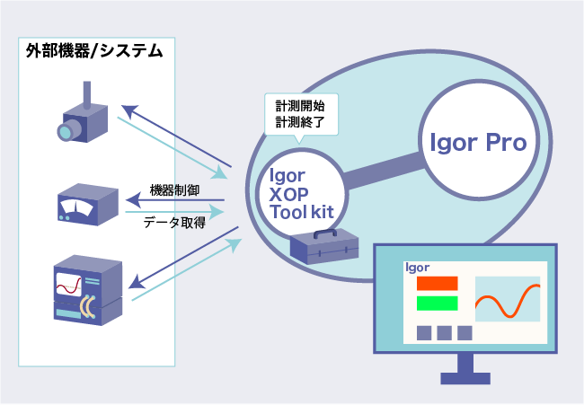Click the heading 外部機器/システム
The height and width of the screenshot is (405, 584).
click(x=94, y=51)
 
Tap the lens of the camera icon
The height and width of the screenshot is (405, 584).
click(x=65, y=133)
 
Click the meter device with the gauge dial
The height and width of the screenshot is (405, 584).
click(x=88, y=205)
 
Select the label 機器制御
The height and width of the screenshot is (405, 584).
click(x=174, y=190)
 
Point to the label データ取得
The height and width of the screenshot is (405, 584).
click(x=174, y=223)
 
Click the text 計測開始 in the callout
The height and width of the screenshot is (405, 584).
click(x=300, y=106)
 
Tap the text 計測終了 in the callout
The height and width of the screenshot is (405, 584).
click(x=300, y=122)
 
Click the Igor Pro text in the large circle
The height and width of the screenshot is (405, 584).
click(x=478, y=143)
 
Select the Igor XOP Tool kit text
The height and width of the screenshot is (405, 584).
click(x=301, y=194)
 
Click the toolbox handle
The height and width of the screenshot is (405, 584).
click(x=325, y=233)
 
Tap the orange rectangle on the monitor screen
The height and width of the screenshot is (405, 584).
click(x=437, y=283)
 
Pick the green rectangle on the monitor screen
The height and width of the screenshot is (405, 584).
click(x=437, y=303)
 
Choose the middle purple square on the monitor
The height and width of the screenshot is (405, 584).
click(x=445, y=333)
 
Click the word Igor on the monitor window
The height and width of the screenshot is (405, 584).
click(x=417, y=268)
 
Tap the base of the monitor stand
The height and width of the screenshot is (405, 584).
click(x=465, y=378)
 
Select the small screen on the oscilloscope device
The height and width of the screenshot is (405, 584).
click(x=69, y=285)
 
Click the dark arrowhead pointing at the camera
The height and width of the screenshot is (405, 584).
click(x=128, y=111)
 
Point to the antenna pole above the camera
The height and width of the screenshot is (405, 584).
click(x=87, y=95)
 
